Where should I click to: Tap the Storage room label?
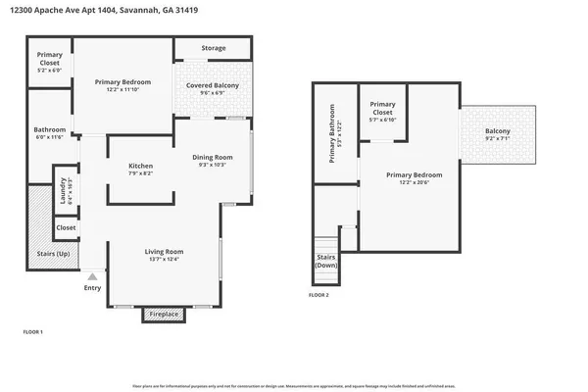click(x=213, y=48)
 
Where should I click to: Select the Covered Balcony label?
click(x=213, y=86)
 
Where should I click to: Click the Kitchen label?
click(x=141, y=167)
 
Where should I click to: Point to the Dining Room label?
click(x=213, y=157)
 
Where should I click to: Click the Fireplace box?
click(x=162, y=315)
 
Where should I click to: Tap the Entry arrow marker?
click(x=92, y=277)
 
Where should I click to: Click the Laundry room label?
click(x=63, y=187)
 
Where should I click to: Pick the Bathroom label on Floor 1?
click(x=49, y=130)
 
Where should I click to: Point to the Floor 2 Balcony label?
click(x=498, y=132)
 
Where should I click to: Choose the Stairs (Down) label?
click(x=325, y=262)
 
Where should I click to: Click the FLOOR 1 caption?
click(x=33, y=333)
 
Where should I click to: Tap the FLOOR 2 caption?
click(x=319, y=295)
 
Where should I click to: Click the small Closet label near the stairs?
click(x=66, y=227)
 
